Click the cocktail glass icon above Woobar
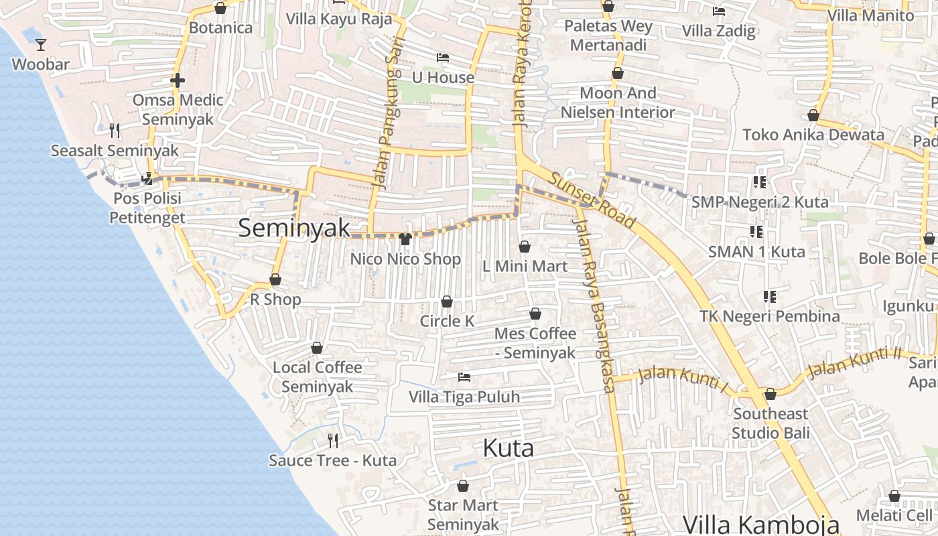(41, 45)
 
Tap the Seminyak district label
(294, 228)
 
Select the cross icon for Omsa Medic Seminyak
(177, 80)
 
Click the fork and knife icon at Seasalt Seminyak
(115, 130)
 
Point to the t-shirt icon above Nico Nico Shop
(405, 239)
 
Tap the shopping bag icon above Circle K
(447, 301)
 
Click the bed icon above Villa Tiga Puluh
(464, 377)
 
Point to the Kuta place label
(508, 448)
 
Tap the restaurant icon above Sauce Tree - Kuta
(332, 440)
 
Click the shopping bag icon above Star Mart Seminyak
(462, 485)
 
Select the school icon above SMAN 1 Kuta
(756, 232)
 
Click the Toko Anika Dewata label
(813, 135)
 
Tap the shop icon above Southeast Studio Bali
(770, 394)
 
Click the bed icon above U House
(442, 58)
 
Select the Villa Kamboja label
(760, 524)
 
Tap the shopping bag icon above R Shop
(275, 279)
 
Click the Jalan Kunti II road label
(855, 362)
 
